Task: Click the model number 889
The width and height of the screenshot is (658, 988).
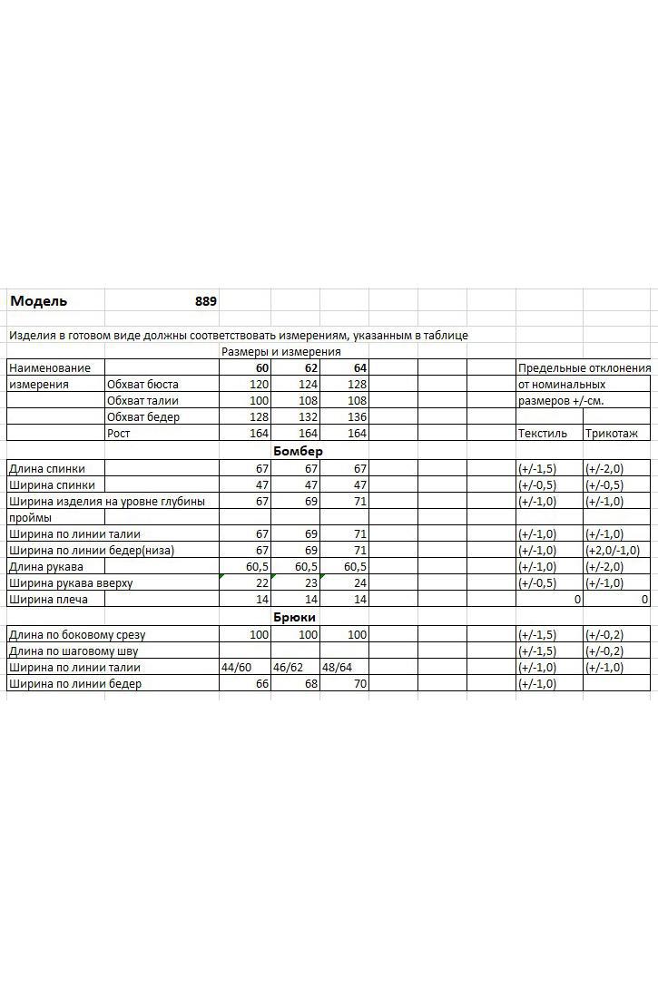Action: [206, 301]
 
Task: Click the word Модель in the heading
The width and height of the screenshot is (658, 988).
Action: [38, 301]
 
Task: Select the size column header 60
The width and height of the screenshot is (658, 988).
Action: [261, 368]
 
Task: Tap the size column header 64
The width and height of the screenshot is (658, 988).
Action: [359, 368]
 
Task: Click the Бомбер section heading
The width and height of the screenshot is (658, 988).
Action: [298, 451]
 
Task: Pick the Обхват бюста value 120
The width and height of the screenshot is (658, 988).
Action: [259, 385]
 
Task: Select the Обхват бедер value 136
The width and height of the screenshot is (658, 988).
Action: [357, 417]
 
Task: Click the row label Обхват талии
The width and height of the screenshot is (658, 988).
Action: [142, 401]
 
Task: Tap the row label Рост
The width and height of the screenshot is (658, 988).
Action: [119, 434]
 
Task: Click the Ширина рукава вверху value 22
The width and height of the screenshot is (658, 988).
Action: [262, 583]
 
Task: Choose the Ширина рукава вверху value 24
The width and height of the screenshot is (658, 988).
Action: [359, 583]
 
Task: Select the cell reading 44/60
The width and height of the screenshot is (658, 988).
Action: [236, 667]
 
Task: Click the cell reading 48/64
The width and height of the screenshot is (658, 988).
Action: [336, 667]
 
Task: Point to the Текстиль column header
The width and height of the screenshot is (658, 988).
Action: [542, 434]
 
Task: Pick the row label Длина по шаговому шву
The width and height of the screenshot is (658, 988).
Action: [74, 651]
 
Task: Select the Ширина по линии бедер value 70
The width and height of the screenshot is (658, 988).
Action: [359, 684]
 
